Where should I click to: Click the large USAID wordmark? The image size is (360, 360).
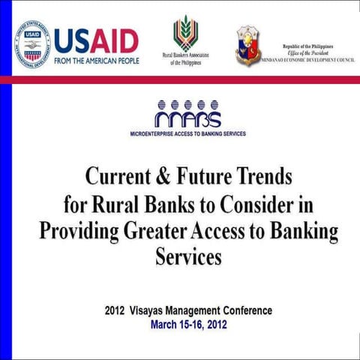[97, 39]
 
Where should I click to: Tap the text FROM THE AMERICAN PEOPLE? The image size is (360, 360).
[97, 60]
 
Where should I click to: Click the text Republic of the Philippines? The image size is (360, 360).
[310, 46]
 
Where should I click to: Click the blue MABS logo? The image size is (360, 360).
[187, 114]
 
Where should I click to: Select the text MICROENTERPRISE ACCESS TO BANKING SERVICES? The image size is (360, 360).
[187, 135]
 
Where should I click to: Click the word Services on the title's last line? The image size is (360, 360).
[188, 256]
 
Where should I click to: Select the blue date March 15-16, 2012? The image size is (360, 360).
[188, 324]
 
